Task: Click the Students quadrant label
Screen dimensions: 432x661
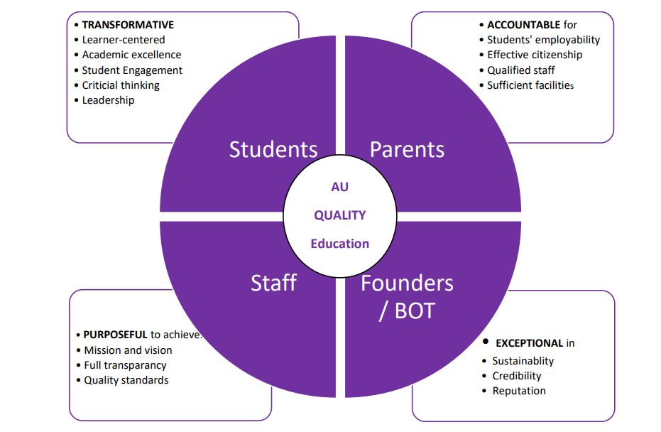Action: tap(273, 149)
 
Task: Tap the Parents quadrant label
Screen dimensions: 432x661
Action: tap(408, 149)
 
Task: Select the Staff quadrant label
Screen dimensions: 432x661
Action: tap(273, 283)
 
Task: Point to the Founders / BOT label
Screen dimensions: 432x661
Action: tap(407, 296)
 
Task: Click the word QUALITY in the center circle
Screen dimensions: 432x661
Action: tap(340, 215)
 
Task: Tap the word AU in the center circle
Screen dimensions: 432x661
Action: tap(340, 187)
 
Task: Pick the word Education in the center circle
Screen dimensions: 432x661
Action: tap(340, 244)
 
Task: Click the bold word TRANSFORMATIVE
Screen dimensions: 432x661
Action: tap(128, 25)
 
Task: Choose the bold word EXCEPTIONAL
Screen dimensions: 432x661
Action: tap(529, 343)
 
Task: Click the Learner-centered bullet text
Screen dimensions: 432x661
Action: tap(124, 40)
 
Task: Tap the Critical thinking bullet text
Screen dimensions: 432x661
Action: tap(121, 85)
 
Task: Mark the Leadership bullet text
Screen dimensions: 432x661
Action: tap(108, 100)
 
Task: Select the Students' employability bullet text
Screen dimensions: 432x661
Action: tap(544, 40)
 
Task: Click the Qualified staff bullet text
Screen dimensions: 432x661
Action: tap(521, 70)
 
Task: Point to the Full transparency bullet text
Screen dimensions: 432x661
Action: tap(126, 365)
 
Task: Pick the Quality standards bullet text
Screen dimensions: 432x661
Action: tap(126, 380)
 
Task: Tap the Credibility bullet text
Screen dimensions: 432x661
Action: tap(517, 376)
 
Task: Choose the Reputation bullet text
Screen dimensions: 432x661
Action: tap(519, 391)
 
